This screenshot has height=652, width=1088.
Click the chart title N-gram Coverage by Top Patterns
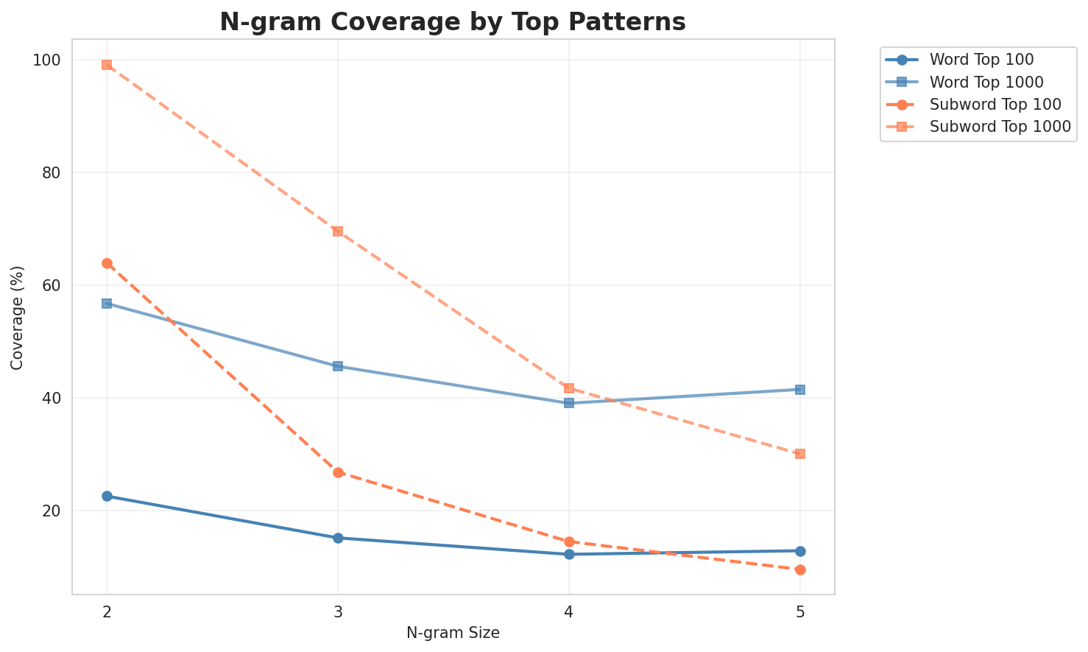[x=453, y=22]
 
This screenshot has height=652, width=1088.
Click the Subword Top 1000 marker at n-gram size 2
[x=107, y=65]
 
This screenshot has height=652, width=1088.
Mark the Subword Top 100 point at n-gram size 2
[x=107, y=263]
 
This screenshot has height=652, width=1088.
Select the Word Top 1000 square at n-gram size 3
[x=338, y=366]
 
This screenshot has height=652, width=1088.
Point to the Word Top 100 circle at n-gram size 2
[x=107, y=496]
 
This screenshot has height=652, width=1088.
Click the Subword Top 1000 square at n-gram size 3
[x=338, y=231]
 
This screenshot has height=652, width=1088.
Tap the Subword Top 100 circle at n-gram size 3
[x=338, y=472]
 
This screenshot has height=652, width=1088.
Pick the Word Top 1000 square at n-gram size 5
[x=800, y=390]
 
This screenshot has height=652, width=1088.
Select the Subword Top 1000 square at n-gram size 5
[x=800, y=454]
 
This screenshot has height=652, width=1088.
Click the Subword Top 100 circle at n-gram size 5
[x=800, y=569]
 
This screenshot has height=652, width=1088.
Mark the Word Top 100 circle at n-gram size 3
[x=338, y=538]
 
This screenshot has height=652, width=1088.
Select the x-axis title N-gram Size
[x=453, y=633]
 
